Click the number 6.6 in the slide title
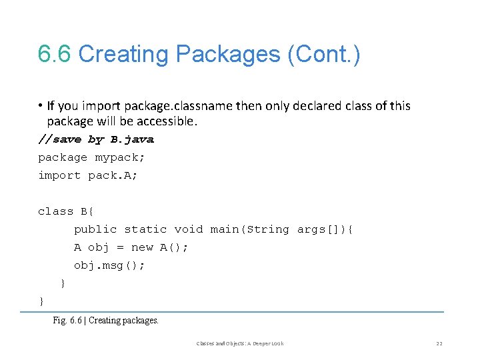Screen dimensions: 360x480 click(x=54, y=54)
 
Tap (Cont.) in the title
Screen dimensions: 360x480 click(x=323, y=54)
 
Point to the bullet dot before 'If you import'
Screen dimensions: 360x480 click(x=41, y=106)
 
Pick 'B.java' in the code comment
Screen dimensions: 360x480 click(x=132, y=139)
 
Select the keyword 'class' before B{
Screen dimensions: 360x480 click(x=56, y=211)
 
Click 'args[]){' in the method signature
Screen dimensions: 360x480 click(x=325, y=229)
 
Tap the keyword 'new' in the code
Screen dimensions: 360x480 click(x=142, y=247)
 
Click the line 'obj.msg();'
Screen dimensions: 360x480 click(x=109, y=265)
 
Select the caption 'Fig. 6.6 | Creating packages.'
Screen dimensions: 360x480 click(x=105, y=321)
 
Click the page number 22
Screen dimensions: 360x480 click(x=439, y=343)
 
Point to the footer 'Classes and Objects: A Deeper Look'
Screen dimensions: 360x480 click(x=240, y=343)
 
